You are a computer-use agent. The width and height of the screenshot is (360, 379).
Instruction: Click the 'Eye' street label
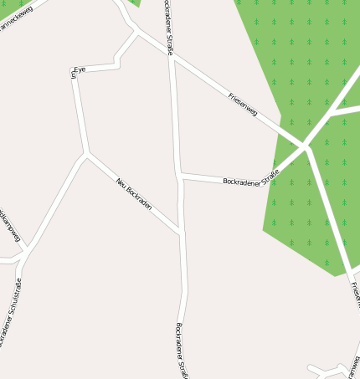[x=80, y=69]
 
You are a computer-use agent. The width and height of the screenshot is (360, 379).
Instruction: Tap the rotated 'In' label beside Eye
[x=74, y=75]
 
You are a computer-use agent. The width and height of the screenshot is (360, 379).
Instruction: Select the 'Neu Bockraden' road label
[x=134, y=194]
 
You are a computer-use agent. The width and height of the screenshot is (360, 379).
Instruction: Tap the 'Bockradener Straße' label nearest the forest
[x=250, y=177]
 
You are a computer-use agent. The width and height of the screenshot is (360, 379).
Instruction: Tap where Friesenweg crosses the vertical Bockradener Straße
[x=172, y=58]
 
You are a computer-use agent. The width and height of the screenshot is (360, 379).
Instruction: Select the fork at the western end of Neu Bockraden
[x=85, y=153]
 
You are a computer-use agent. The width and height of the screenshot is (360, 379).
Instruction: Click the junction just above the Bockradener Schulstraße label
[x=27, y=250]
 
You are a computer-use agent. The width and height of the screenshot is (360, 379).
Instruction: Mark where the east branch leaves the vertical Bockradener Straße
[x=180, y=175]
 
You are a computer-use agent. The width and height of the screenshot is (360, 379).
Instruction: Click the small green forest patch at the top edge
[x=134, y=3]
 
